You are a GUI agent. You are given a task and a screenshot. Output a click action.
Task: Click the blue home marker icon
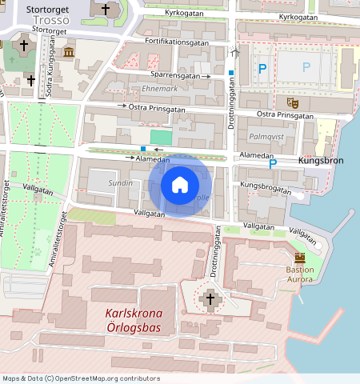pos(180,185)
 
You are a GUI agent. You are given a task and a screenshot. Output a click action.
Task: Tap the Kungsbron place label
pos(320,161)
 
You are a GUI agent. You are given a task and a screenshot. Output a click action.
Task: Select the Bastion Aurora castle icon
pos(300,258)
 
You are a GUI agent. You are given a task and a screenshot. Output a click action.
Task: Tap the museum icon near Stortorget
pos(68,53)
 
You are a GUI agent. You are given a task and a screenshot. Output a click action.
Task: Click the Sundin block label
pos(120,183)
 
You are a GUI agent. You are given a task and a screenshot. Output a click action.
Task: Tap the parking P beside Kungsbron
pos(273,163)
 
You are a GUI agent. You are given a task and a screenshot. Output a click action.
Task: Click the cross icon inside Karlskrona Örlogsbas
pos(211,300)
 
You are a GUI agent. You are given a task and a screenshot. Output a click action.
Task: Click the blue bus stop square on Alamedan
pos(143,150)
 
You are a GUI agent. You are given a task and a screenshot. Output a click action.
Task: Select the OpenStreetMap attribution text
pos(81,378)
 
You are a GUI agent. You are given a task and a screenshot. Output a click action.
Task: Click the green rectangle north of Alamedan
pos(161,138)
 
